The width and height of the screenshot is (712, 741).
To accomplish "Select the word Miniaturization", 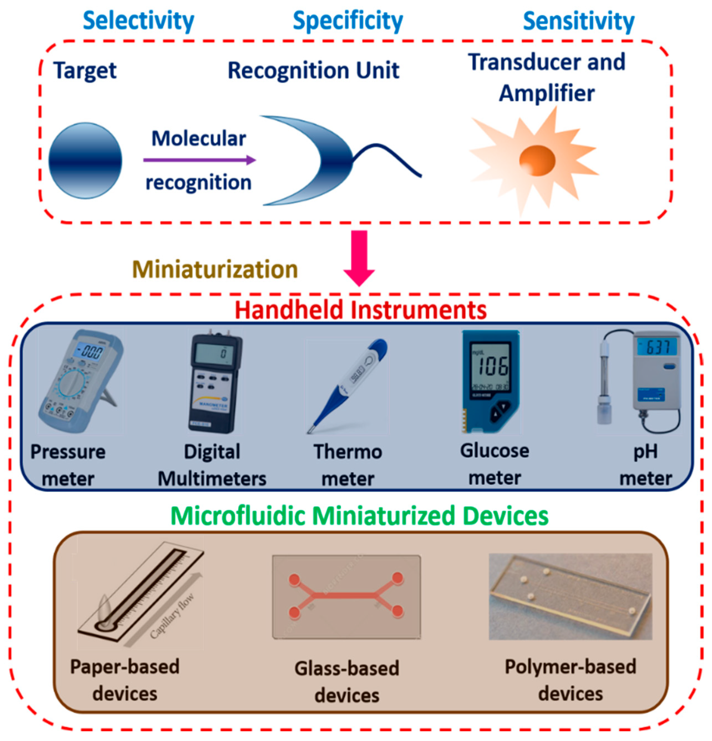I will (x=215, y=270).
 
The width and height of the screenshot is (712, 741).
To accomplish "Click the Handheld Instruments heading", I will (x=361, y=310).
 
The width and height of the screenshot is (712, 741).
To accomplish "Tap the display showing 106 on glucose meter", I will (x=491, y=365).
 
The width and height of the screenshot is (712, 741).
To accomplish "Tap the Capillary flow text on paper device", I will (x=172, y=617).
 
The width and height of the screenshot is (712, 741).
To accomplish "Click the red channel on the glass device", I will (x=346, y=596).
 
